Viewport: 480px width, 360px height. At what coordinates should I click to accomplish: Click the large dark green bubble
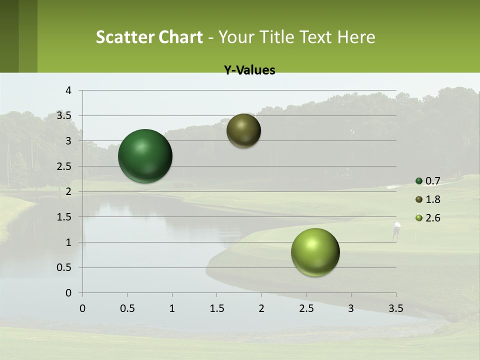[x=145, y=156]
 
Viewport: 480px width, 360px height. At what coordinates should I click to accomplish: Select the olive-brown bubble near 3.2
[x=243, y=130]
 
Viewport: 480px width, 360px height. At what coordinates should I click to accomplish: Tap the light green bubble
[x=315, y=252]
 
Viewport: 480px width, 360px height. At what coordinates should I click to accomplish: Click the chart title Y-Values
[x=249, y=70]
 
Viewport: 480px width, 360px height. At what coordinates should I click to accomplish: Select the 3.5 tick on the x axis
[x=395, y=308]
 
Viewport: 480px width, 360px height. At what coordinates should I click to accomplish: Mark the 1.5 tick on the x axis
[x=216, y=308]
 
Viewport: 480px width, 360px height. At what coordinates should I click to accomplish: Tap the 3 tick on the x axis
[x=350, y=308]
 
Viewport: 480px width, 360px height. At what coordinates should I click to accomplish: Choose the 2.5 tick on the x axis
[x=306, y=308]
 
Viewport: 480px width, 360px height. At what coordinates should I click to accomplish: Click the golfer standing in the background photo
[x=396, y=230]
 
